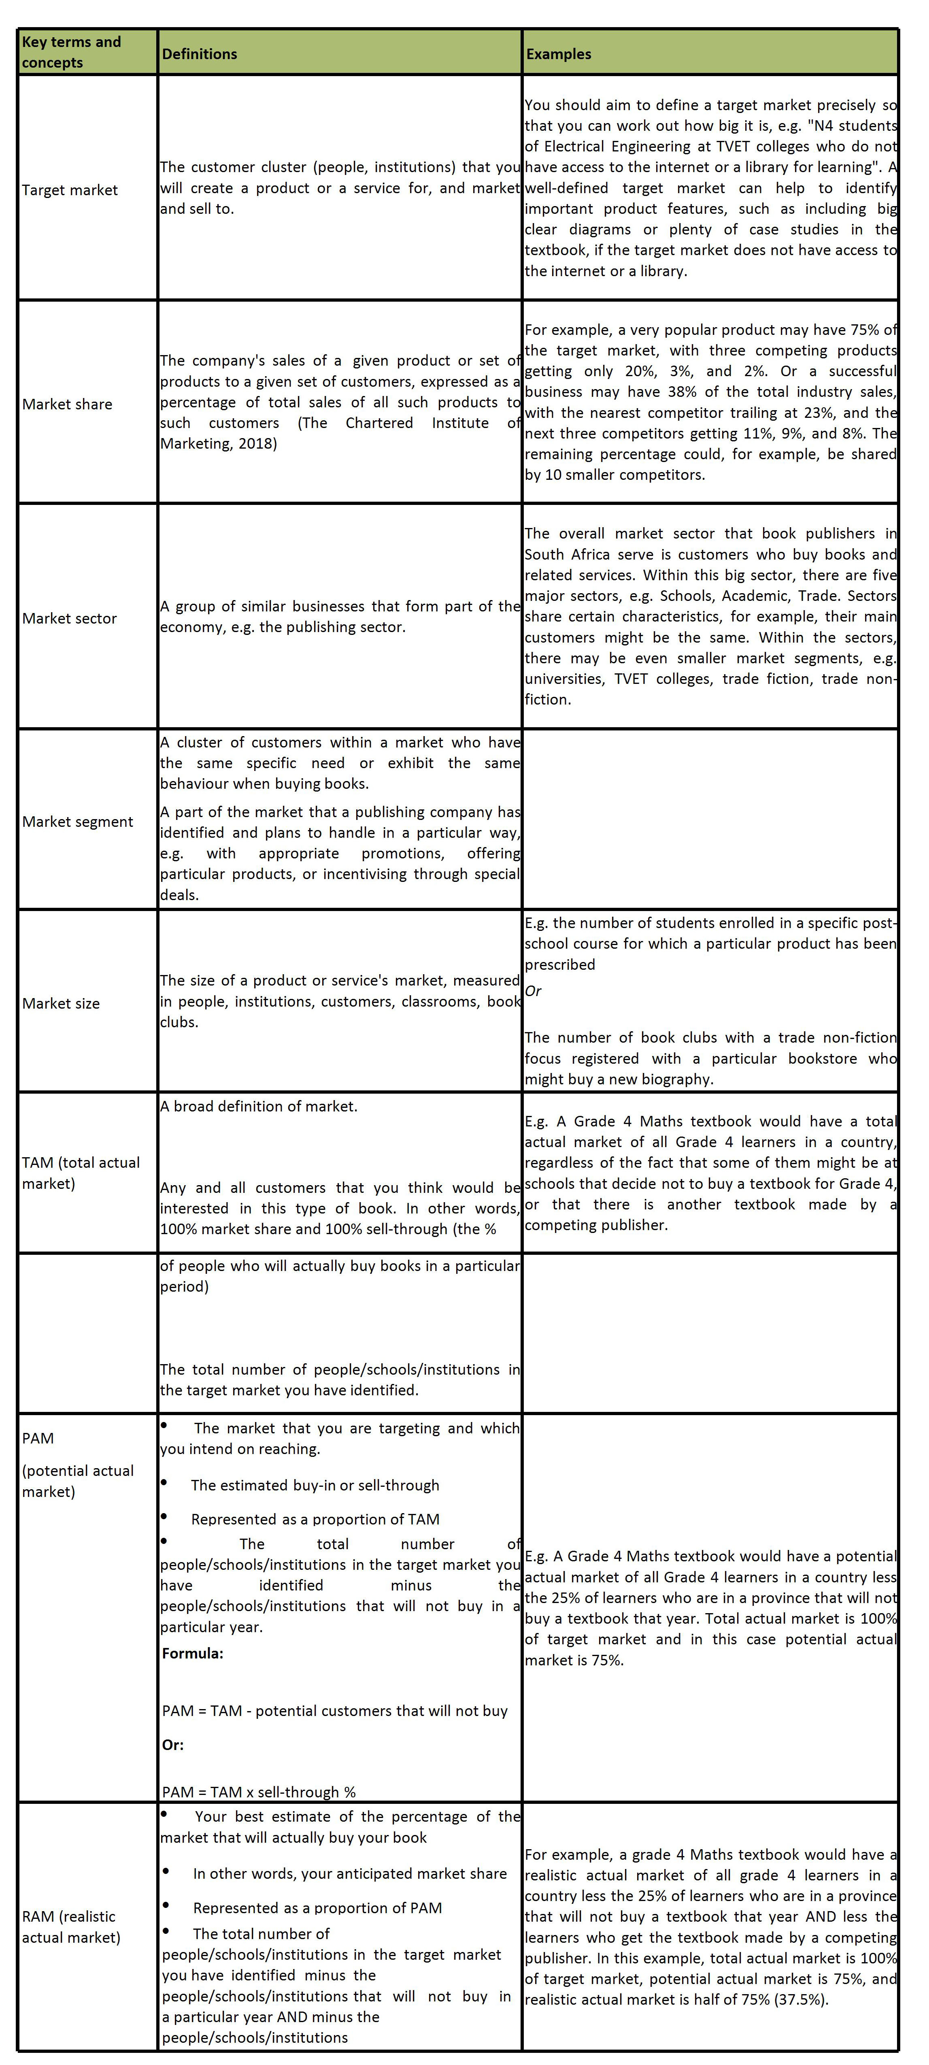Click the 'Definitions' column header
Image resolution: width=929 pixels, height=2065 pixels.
pos(200,54)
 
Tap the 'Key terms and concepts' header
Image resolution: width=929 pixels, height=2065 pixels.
pos(71,52)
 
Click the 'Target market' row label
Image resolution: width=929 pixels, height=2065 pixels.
pos(70,190)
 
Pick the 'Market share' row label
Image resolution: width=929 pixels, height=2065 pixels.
pos(67,404)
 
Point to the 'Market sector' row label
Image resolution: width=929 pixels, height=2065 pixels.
pos(70,618)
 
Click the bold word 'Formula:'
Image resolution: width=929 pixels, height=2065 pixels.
pos(192,1653)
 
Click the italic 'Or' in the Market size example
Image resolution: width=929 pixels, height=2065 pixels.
pos(533,991)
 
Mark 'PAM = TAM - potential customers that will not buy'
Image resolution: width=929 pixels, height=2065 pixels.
pos(334,1711)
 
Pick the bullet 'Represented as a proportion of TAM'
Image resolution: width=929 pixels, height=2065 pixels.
pos(315,1519)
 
